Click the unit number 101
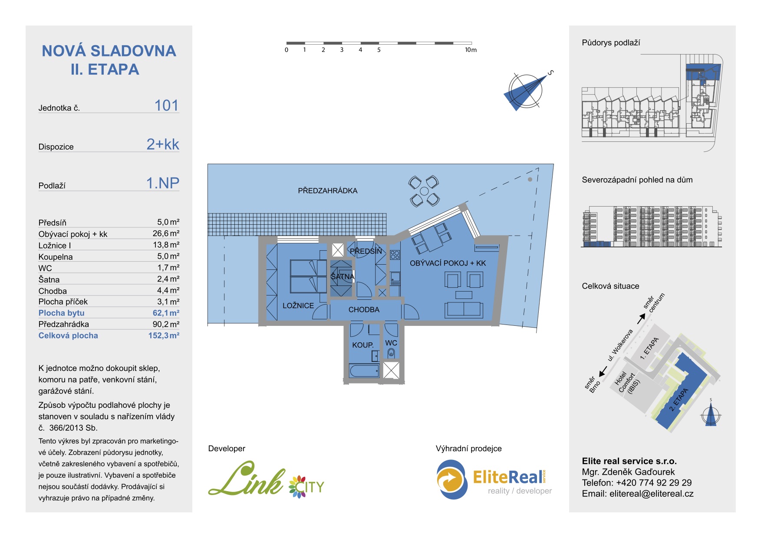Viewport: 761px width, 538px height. pos(166,105)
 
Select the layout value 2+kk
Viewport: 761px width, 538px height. pos(163,144)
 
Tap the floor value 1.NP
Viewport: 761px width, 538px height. pos(163,183)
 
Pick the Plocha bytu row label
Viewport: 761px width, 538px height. pos(61,313)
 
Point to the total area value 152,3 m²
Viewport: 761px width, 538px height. pos(164,335)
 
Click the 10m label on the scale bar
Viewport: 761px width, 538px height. pos(471,50)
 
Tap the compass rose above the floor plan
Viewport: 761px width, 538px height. pos(525,91)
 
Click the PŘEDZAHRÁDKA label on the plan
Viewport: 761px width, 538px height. pos(327,190)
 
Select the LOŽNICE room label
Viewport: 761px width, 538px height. pos(298,305)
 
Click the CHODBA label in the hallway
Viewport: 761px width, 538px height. pos(364,309)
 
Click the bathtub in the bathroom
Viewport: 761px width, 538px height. pos(364,371)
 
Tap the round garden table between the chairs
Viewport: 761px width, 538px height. pos(424,191)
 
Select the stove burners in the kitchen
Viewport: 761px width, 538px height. pos(395,255)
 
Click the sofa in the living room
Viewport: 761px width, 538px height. pos(464,310)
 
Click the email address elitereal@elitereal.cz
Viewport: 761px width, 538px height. pos(651,494)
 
